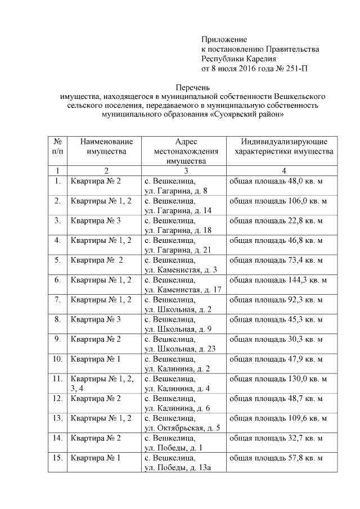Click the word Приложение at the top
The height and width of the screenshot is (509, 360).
[x=224, y=39]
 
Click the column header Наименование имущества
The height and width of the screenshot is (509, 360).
[x=106, y=146]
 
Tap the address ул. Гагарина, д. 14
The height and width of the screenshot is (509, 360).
[x=176, y=210]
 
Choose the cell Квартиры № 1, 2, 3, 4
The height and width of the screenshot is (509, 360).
[x=102, y=382]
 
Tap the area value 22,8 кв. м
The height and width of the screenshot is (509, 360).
[x=276, y=220]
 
